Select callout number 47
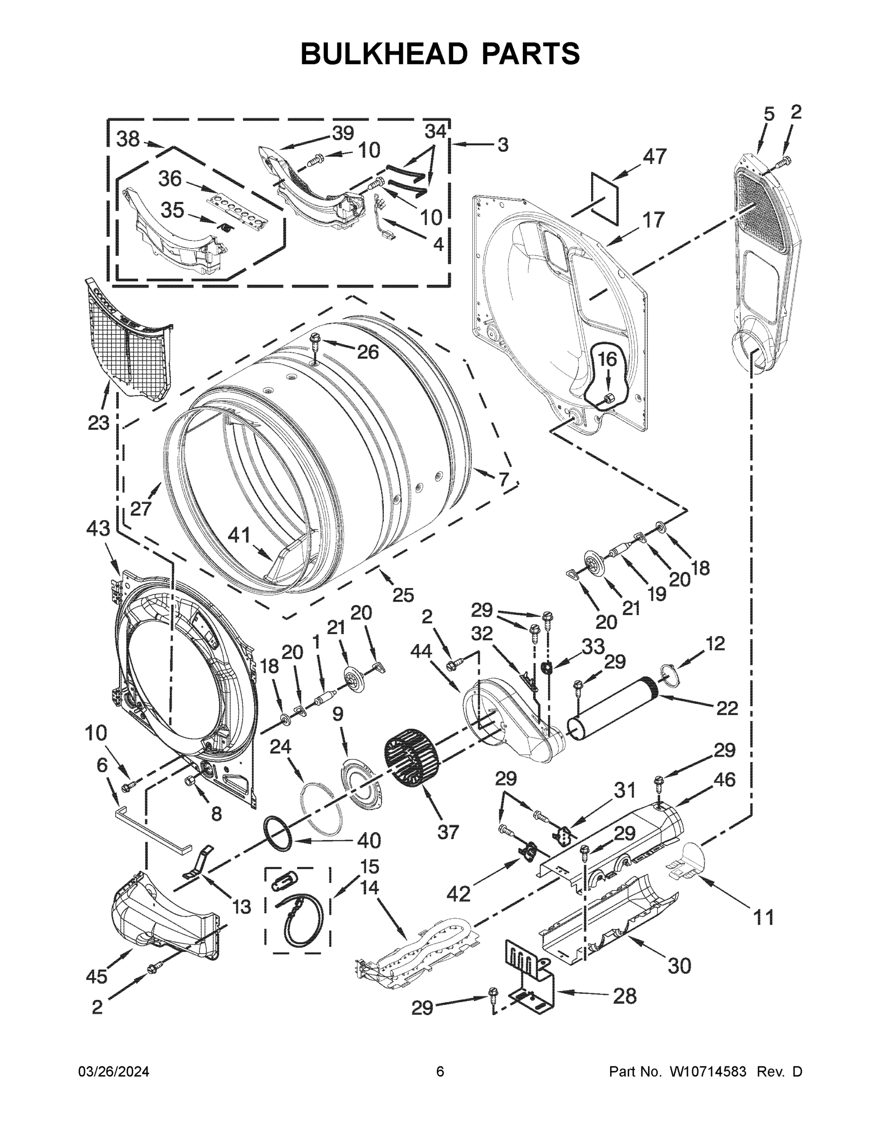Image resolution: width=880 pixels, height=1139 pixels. (x=654, y=157)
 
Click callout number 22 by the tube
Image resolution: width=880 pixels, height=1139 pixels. (x=727, y=708)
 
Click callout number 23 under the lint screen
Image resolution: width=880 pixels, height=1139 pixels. (x=98, y=422)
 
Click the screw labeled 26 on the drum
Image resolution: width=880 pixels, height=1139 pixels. (x=315, y=342)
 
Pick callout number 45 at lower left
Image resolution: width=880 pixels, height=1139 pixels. (x=97, y=975)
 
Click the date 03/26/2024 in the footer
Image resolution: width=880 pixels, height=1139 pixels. (x=114, y=1071)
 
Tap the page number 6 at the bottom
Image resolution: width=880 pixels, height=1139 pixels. (x=440, y=1071)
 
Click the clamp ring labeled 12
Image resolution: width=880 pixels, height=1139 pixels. (x=669, y=673)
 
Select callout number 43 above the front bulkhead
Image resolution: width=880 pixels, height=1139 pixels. (x=99, y=529)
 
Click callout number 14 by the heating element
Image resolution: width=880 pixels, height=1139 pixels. (x=370, y=887)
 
